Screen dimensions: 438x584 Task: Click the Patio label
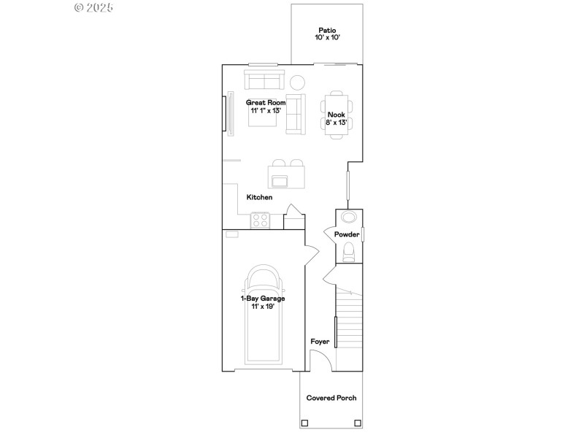(x=327, y=30)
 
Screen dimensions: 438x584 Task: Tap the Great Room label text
(x=266, y=103)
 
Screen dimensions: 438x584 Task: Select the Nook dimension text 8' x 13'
(x=336, y=123)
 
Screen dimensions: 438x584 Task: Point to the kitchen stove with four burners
(x=260, y=220)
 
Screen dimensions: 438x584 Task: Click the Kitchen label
(x=259, y=197)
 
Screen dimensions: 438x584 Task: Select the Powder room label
(x=347, y=234)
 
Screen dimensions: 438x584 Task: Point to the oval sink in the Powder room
(x=348, y=218)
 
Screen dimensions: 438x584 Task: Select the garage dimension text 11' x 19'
(x=263, y=307)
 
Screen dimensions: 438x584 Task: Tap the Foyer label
(x=319, y=341)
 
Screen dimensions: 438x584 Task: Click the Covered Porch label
(x=331, y=398)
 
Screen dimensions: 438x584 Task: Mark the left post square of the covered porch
(x=305, y=423)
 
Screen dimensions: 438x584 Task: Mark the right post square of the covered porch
(x=357, y=423)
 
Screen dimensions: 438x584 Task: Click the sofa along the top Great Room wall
(x=264, y=80)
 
